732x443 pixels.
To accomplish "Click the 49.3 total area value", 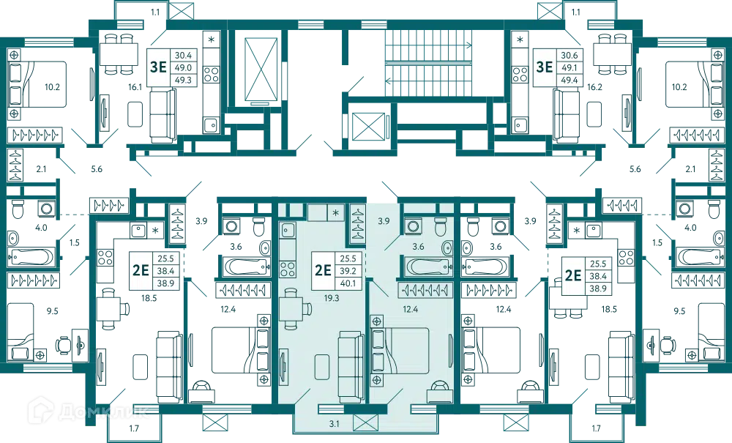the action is [x=183, y=80].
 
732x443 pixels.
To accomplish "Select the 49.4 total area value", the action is [x=569, y=80].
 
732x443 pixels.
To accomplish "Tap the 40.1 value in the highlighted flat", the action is [x=347, y=283].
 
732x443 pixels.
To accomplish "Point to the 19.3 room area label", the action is [x=332, y=297].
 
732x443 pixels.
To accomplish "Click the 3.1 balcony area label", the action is [x=334, y=424].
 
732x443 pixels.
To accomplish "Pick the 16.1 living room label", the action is [x=135, y=87].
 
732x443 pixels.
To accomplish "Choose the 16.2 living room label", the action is [x=594, y=87].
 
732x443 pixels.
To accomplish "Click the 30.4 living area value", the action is [x=183, y=55].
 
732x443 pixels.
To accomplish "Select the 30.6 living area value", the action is [x=569, y=55].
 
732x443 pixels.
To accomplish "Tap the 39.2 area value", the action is [x=347, y=271].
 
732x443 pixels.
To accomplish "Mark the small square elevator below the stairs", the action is [x=369, y=127].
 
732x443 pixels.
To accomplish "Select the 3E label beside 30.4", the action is [x=158, y=67].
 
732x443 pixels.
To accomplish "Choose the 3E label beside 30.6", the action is [x=545, y=67].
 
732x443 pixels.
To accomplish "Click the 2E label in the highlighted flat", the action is [x=323, y=270].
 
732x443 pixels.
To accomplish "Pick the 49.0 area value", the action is [x=183, y=67].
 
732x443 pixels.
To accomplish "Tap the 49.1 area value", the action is [x=569, y=67].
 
